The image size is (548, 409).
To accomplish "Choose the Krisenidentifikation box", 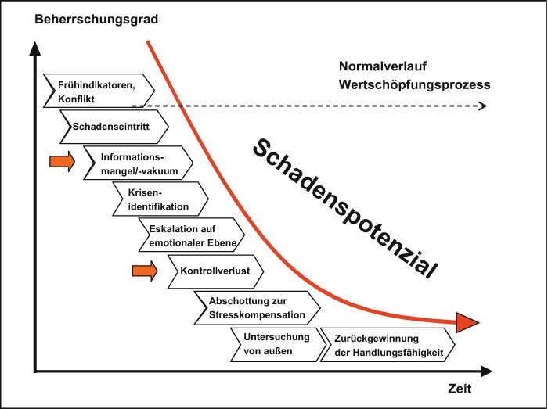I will pyautogui.click(x=160, y=200).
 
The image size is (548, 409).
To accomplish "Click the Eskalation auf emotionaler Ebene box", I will pyautogui.click(x=192, y=234).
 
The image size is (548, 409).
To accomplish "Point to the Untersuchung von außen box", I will pyautogui.click(x=276, y=344).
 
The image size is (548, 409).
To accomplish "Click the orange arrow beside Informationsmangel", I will pyautogui.click(x=62, y=161).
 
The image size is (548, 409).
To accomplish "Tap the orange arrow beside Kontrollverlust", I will pyautogui.click(x=144, y=271).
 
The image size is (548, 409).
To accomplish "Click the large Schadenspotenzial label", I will pyautogui.click(x=344, y=206).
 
